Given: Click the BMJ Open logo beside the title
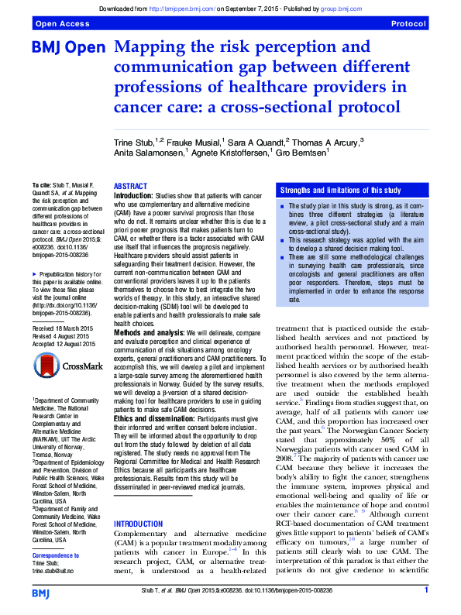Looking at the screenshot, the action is (68, 48).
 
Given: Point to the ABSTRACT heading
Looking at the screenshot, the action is (130, 187).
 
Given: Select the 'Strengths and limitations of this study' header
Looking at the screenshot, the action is (340, 190).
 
